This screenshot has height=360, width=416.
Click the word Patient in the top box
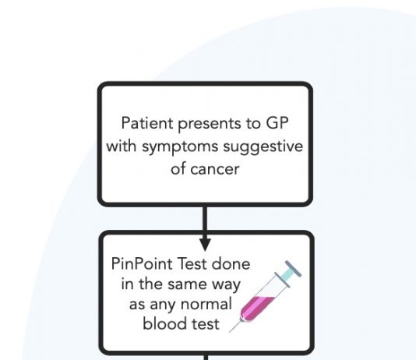tap(147, 123)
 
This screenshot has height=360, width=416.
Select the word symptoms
tap(180, 147)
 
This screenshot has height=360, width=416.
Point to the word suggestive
tap(263, 147)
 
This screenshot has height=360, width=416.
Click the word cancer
tap(215, 170)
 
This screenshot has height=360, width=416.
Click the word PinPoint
tap(142, 264)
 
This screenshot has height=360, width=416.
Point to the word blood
tap(159, 323)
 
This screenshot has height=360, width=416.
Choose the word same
tap(188, 284)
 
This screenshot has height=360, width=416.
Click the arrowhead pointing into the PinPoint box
tap(205, 244)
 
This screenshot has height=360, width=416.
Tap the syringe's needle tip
tap(230, 332)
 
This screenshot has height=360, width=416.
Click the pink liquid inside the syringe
tap(256, 309)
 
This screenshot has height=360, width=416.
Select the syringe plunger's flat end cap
tap(293, 269)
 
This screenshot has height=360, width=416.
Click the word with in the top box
tap(122, 146)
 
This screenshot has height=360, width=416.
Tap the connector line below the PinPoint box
tap(205, 358)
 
